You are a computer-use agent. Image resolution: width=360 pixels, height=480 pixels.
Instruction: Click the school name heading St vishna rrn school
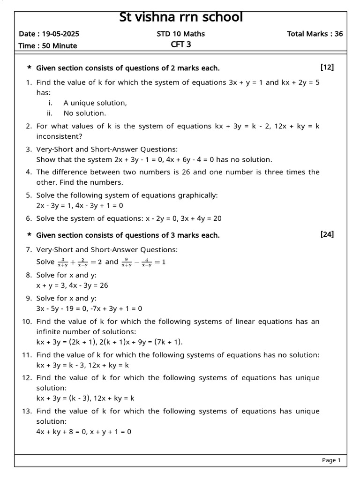tap(181, 17)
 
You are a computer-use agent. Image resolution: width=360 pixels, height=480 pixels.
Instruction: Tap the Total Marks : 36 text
tap(315, 34)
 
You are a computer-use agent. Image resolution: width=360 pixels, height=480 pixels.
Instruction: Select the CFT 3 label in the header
tap(181, 45)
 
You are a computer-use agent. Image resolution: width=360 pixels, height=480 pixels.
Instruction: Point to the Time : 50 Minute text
tap(48, 45)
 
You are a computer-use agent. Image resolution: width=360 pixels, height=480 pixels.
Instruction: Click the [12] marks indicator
tap(327, 67)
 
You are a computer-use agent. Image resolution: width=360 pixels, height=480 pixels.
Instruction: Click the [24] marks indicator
tap(327, 234)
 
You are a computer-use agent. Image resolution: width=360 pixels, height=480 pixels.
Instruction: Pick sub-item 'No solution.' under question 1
tap(85, 113)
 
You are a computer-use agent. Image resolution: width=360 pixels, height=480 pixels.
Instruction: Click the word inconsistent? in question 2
tap(60, 136)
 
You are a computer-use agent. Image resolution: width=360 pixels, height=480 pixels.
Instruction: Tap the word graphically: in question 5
tap(195, 195)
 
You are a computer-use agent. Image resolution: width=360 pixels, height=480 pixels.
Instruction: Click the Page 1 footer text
tap(331, 460)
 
